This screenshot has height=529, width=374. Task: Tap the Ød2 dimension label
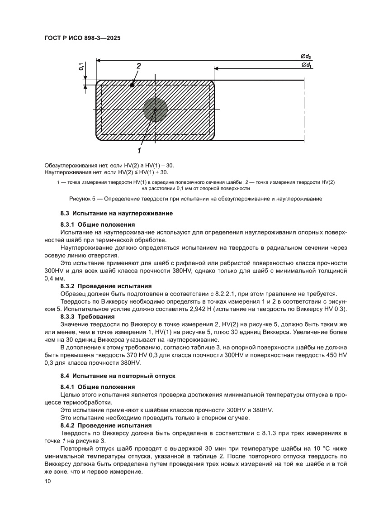coord(306,56)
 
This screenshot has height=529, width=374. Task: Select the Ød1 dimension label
coord(306,66)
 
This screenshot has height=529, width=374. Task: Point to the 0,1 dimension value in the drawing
coord(81,66)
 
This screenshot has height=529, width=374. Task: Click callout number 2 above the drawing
coord(139,66)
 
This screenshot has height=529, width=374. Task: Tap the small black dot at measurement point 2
coord(132,85)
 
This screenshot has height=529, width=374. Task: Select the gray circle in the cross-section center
coord(155,110)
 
